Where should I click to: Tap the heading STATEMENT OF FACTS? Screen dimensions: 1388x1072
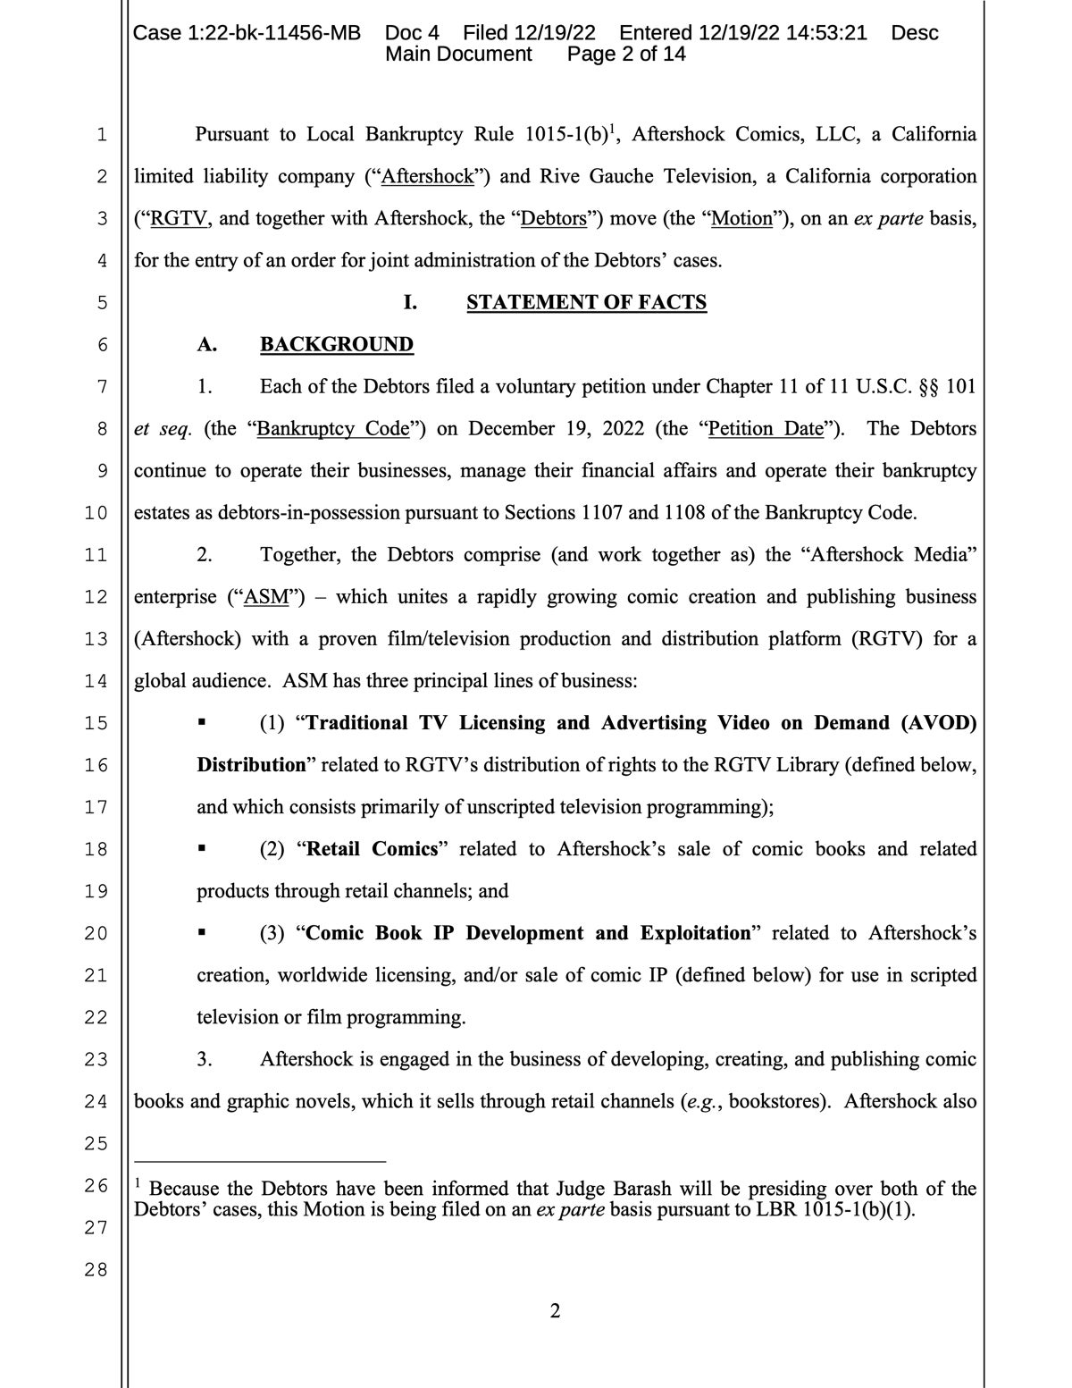point(586,302)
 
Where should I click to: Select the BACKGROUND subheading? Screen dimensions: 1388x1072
point(337,344)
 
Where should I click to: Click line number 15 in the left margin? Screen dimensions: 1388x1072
point(96,723)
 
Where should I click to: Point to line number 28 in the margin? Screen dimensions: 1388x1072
point(96,1269)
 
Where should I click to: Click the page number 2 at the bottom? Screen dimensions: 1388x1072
point(555,1311)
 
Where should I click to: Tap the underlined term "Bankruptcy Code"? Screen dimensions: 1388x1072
point(333,428)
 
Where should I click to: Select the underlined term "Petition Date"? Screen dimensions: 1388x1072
point(766,428)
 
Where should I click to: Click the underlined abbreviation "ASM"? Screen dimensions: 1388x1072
point(265,596)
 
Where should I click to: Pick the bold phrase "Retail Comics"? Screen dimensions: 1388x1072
point(372,849)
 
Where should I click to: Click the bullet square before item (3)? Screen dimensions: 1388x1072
point(203,933)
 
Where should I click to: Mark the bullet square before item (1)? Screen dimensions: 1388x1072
point(203,723)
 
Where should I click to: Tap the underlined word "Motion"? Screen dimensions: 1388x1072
point(741,218)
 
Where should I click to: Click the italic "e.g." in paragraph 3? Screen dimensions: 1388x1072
point(701,1101)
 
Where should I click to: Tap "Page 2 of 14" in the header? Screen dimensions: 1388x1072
point(626,54)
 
